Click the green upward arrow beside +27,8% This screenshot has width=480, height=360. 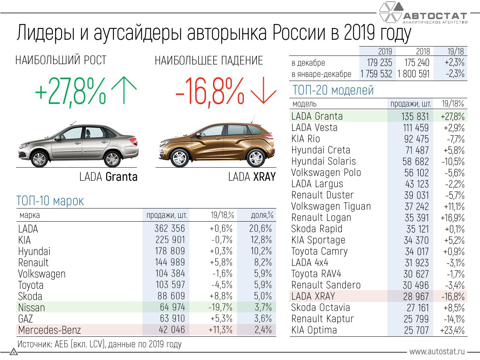(x=124, y=90)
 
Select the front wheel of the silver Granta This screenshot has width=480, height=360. (x=39, y=158)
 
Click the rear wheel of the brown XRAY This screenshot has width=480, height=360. (x=256, y=157)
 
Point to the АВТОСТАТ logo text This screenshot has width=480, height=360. (x=435, y=16)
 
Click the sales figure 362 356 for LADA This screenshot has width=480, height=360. (x=170, y=228)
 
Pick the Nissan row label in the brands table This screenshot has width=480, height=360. (x=31, y=307)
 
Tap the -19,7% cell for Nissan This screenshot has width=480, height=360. (x=220, y=307)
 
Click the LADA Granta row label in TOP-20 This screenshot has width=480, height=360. (x=317, y=116)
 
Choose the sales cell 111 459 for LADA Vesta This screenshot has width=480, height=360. (x=416, y=128)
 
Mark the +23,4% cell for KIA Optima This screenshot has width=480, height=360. (x=452, y=330)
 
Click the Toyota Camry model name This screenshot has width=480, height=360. (x=319, y=251)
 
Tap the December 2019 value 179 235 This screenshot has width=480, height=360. (x=379, y=63)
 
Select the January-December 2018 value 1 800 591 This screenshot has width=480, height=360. (x=414, y=74)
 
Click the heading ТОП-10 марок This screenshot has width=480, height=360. (x=50, y=201)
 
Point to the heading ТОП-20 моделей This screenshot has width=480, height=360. (x=333, y=90)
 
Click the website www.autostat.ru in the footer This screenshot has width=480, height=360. (x=437, y=351)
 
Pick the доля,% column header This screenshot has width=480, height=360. (x=262, y=215)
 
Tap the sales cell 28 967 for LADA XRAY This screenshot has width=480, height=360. (x=416, y=297)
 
